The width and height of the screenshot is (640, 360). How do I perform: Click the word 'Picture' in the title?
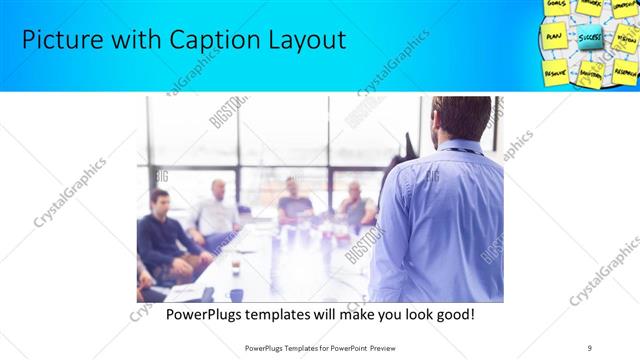pos(58,40)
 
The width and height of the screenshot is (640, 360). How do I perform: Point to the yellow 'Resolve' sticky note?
pos(554,72)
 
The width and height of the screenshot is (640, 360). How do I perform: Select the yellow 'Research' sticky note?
pos(625,72)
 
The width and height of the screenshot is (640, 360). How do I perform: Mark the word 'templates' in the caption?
pos(292,315)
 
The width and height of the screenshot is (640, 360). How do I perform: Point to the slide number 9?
pos(590,347)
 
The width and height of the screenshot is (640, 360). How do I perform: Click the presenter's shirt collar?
pos(456,149)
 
